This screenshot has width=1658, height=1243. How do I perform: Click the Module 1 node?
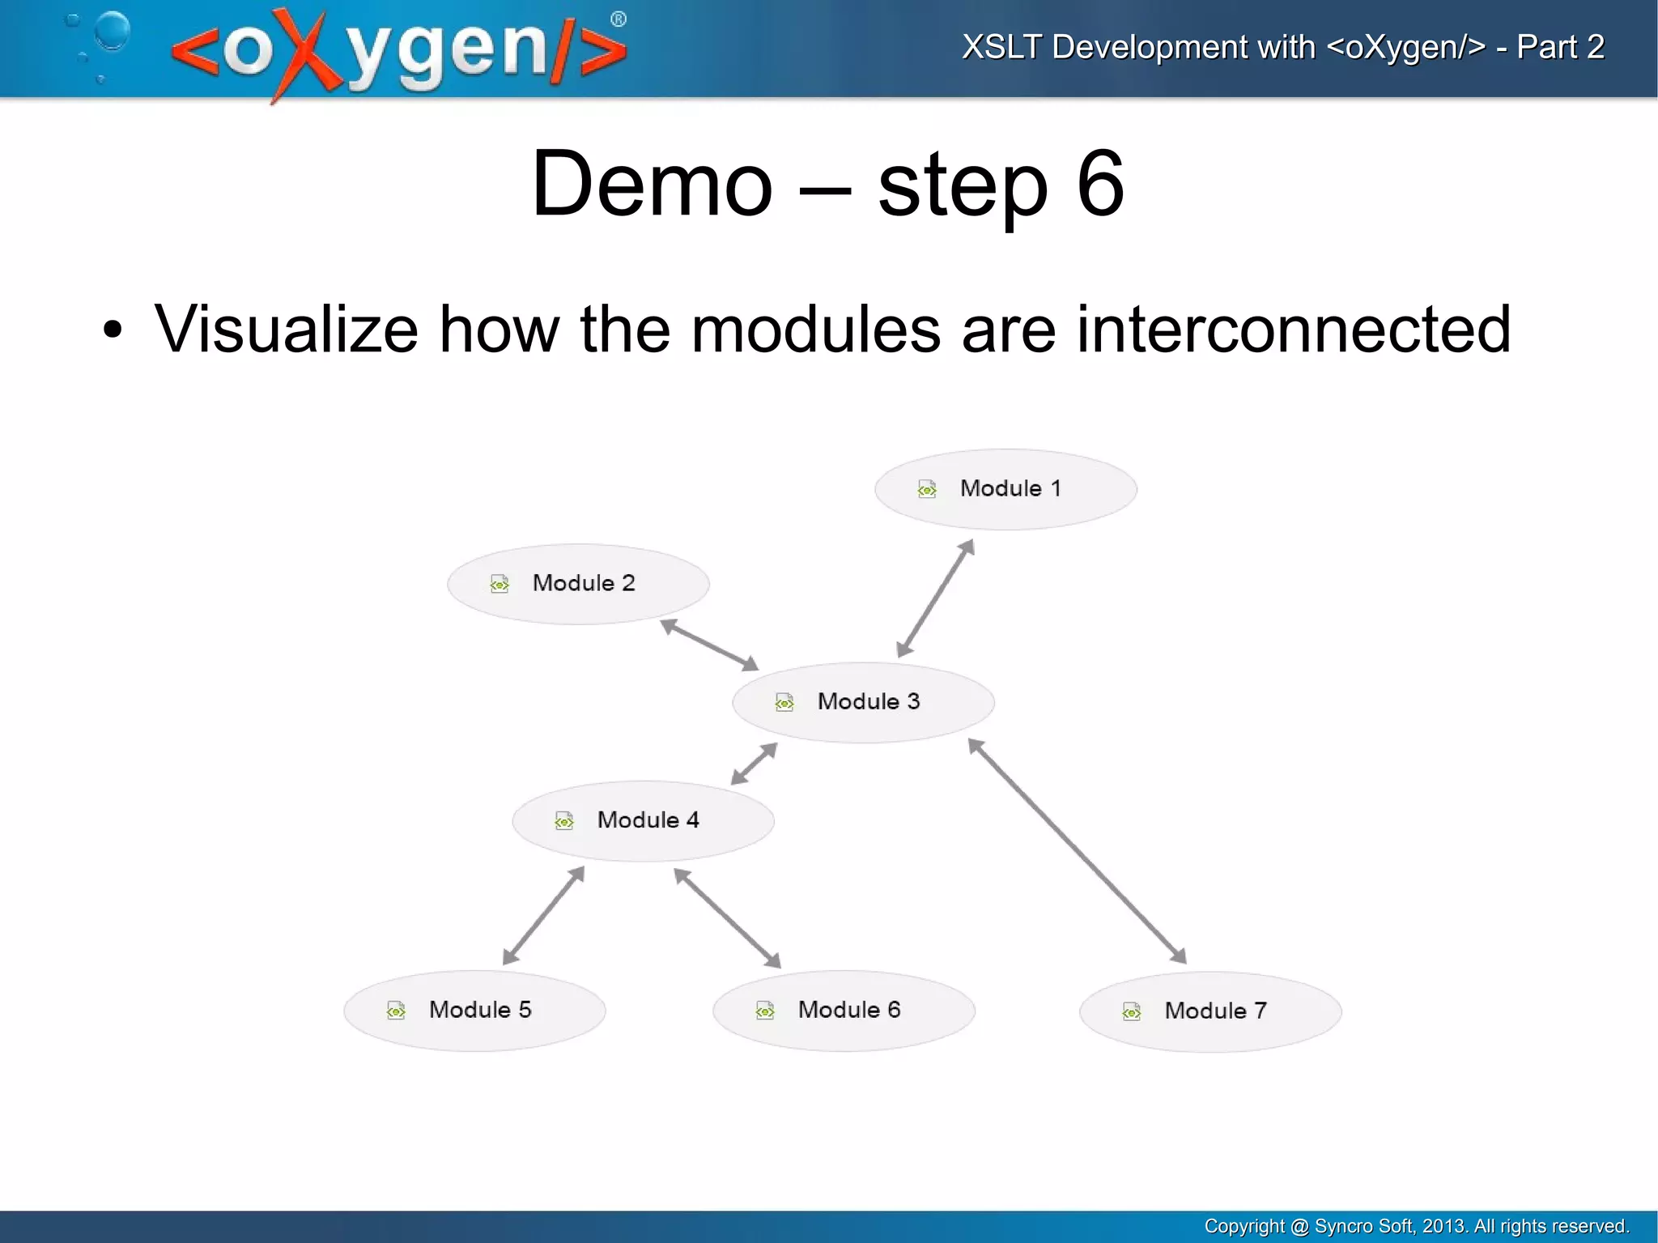click(1005, 489)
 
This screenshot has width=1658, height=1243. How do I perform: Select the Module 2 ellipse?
click(578, 584)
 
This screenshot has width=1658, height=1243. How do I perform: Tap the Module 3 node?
click(863, 702)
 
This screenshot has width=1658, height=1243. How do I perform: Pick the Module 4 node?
click(643, 820)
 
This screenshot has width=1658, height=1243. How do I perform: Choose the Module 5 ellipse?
click(474, 1011)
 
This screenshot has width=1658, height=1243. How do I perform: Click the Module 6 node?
click(844, 1011)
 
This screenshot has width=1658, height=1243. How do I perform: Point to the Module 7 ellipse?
click(1210, 1011)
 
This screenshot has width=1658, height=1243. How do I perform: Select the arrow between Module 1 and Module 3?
click(935, 598)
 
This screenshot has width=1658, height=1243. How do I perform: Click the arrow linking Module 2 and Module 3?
click(709, 645)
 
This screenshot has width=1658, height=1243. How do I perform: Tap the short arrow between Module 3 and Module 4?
click(754, 764)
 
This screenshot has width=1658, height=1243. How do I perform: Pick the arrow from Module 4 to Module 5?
click(543, 916)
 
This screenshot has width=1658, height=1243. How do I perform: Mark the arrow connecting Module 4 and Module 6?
click(727, 917)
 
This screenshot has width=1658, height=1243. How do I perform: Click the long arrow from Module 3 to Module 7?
click(1077, 851)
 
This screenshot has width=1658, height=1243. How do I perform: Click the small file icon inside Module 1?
click(927, 489)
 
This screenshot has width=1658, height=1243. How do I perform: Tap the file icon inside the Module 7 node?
click(1132, 1011)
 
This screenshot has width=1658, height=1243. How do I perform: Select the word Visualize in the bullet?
click(286, 330)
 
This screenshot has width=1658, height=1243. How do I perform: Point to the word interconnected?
click(1293, 330)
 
